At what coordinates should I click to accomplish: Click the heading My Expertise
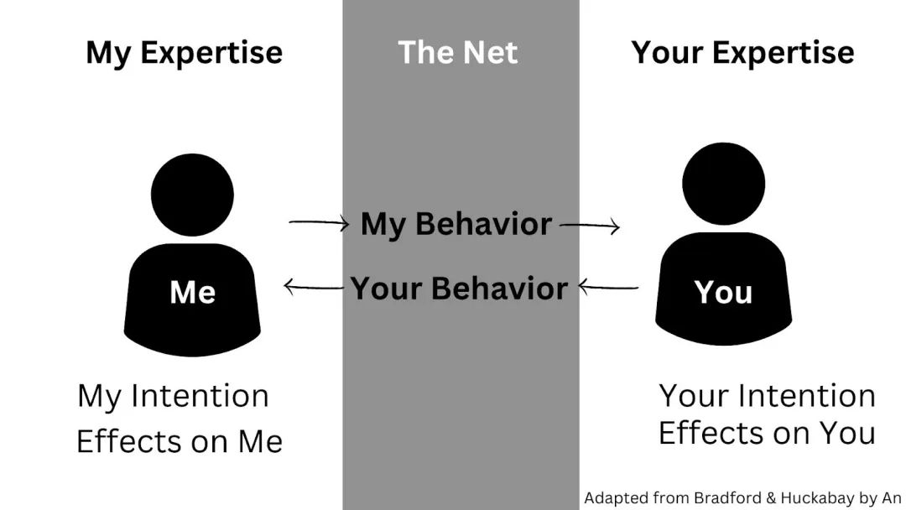(185, 53)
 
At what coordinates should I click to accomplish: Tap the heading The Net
(458, 53)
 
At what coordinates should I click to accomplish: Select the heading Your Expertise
(742, 53)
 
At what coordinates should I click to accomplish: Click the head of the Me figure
(192, 195)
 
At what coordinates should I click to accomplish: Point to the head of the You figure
(723, 184)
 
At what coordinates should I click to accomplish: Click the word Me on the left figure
(192, 292)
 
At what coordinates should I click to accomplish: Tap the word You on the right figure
(723, 292)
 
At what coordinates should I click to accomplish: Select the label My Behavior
(456, 224)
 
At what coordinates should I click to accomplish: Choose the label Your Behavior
(459, 289)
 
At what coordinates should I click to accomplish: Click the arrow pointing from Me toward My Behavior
(319, 222)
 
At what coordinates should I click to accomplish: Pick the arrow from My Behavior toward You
(590, 226)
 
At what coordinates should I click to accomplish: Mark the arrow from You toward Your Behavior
(608, 287)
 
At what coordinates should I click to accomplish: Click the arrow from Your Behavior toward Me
(313, 287)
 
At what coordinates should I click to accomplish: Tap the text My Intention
(174, 397)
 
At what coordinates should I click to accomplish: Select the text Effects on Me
(180, 442)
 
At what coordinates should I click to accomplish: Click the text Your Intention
(768, 397)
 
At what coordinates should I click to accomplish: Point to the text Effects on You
(768, 433)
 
